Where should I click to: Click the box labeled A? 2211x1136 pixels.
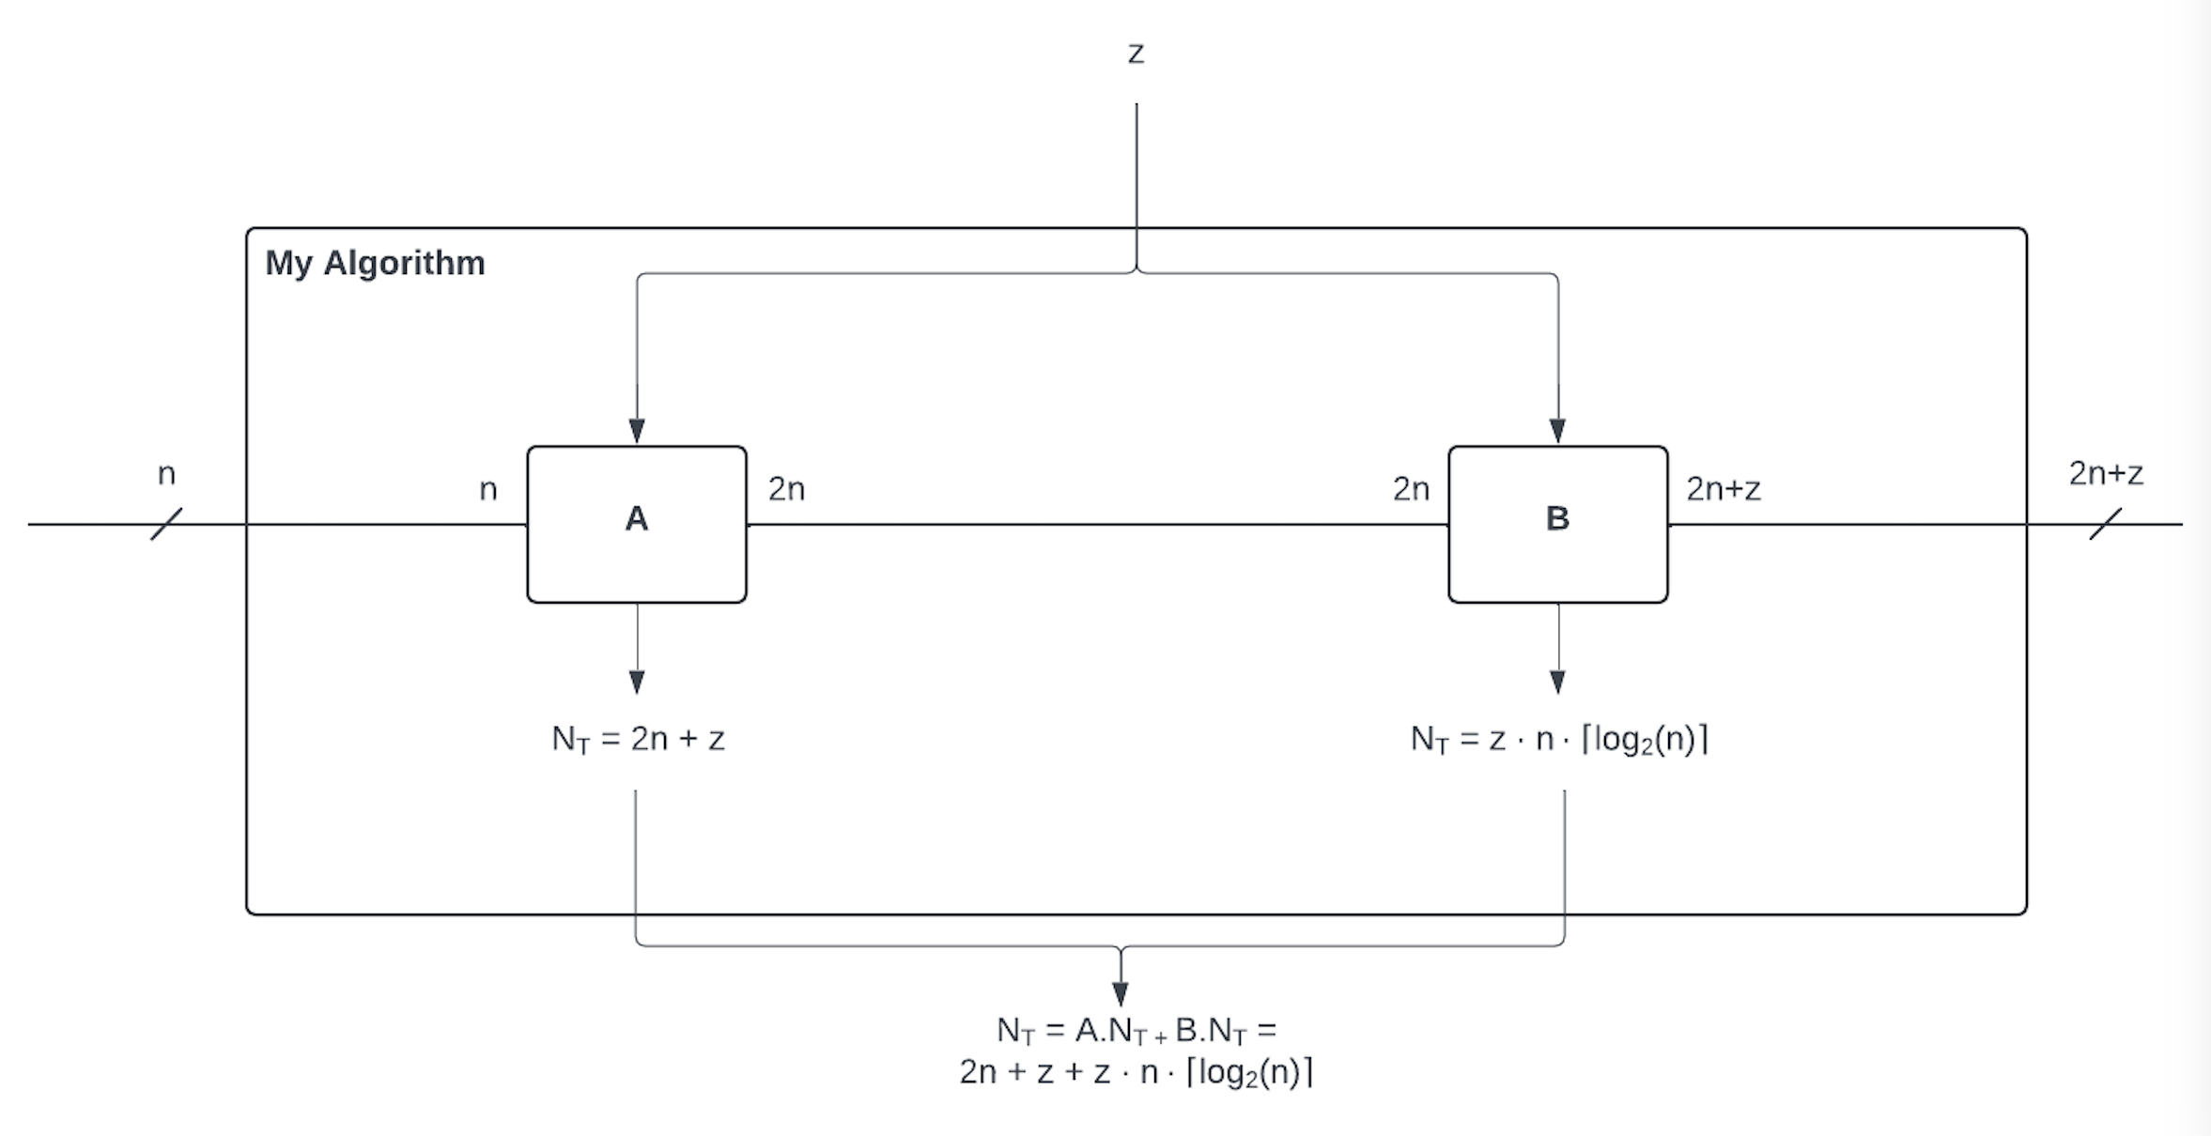(637, 524)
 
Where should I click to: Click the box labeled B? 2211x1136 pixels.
(1557, 524)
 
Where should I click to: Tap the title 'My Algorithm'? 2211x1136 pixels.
(375, 263)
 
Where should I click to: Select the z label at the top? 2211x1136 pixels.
(1136, 54)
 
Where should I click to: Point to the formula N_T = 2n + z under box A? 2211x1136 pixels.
(638, 740)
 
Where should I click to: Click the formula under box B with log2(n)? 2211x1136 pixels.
(1559, 740)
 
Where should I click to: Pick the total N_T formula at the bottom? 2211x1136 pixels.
(1136, 1052)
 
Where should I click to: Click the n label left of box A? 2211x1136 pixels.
(487, 489)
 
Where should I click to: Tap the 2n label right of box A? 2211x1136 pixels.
(786, 489)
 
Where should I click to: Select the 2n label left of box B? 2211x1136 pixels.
(1411, 489)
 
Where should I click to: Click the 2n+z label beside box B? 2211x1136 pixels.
(1723, 489)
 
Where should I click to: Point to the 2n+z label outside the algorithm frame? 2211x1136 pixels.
(2106, 473)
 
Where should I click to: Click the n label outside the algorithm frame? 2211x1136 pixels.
(166, 473)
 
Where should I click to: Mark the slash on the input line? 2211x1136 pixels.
(166, 524)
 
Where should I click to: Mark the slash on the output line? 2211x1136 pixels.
(2105, 524)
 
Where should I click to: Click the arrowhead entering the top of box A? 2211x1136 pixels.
(637, 431)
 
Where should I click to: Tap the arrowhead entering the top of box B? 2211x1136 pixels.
(1557, 431)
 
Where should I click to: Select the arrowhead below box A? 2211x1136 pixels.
(637, 682)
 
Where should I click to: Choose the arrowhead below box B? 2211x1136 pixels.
(1557, 682)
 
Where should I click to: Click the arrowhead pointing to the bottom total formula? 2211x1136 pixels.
(1120, 993)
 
